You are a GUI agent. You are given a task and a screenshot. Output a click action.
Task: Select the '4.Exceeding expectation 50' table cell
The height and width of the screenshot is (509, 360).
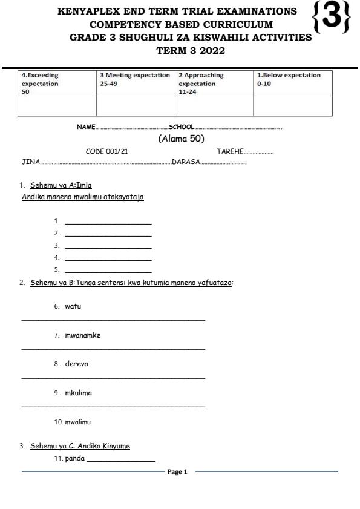tap(57, 83)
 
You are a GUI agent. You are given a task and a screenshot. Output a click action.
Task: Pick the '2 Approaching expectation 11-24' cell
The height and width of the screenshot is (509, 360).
tap(214, 83)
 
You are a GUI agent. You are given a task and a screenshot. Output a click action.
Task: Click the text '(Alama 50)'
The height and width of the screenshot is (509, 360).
tap(180, 138)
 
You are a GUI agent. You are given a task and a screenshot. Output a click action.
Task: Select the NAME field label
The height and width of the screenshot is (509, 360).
tap(86, 127)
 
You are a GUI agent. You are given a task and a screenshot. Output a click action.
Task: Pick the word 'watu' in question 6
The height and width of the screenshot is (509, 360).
tap(73, 306)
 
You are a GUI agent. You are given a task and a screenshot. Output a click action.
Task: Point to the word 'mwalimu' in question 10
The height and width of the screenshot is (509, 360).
tap(77, 422)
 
